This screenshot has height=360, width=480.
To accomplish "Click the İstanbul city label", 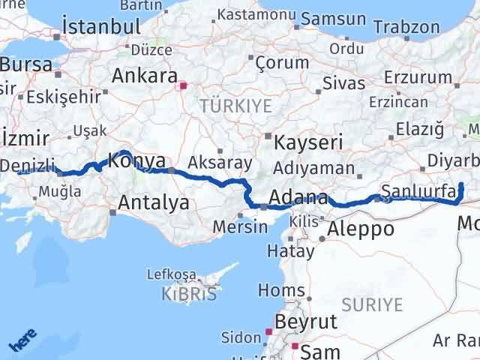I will click(x=101, y=26).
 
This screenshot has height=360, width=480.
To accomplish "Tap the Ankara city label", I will click(x=144, y=76).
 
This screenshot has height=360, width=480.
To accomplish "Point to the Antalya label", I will click(x=154, y=202).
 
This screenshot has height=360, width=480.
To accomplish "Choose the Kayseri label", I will click(x=308, y=142).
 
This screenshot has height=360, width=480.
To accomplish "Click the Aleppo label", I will click(x=361, y=228).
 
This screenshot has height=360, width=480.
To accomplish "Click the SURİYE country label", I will click(x=372, y=304).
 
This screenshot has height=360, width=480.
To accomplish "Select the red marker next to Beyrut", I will click(x=268, y=331).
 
